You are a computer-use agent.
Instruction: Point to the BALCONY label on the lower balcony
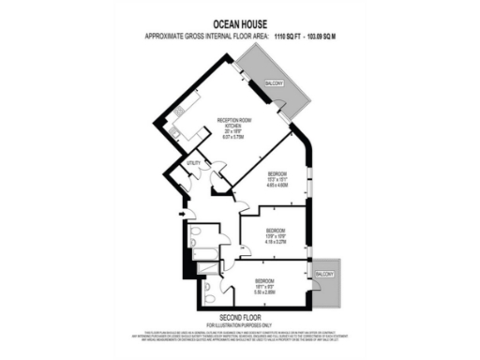pos(323,273)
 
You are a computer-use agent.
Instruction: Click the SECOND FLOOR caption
pos(239,316)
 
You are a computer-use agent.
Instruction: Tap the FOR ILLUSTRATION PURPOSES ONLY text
pos(239,324)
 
